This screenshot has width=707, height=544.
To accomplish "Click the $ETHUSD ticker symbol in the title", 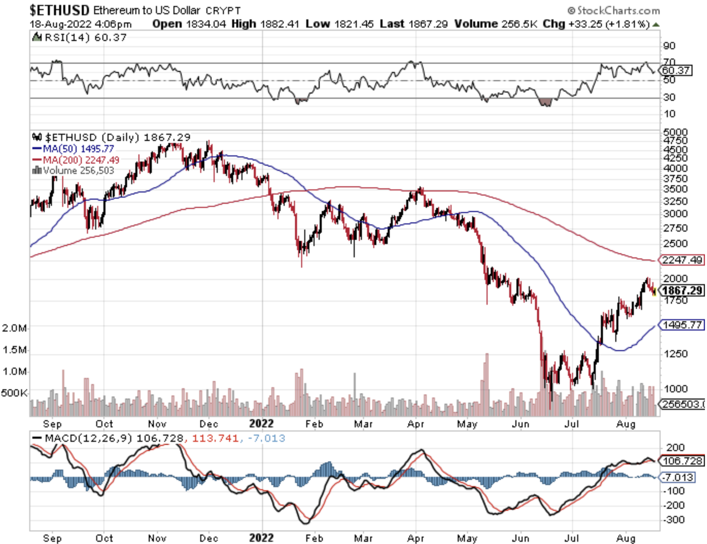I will tap(59, 10).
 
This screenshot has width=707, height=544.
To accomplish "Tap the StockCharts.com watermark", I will tap(614, 10).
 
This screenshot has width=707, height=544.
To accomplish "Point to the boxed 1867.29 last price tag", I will tap(683, 291).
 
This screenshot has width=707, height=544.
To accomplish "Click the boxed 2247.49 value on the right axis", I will tap(682, 260).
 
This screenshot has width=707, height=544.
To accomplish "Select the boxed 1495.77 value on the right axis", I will tap(682, 325).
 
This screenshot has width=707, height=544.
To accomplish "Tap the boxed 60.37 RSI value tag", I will tap(676, 70).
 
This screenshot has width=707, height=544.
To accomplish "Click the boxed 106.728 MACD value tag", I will tap(682, 461).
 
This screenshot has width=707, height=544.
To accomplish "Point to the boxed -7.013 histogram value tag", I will tap(678, 477).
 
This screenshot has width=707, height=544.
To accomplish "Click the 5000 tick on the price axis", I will tap(675, 132).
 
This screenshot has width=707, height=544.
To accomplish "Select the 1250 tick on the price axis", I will tap(675, 354).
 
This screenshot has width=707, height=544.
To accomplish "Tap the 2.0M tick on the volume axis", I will tap(15, 328).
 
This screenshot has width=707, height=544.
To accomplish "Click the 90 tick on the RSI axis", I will tap(669, 46).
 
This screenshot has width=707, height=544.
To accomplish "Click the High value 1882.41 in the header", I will tap(280, 24).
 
